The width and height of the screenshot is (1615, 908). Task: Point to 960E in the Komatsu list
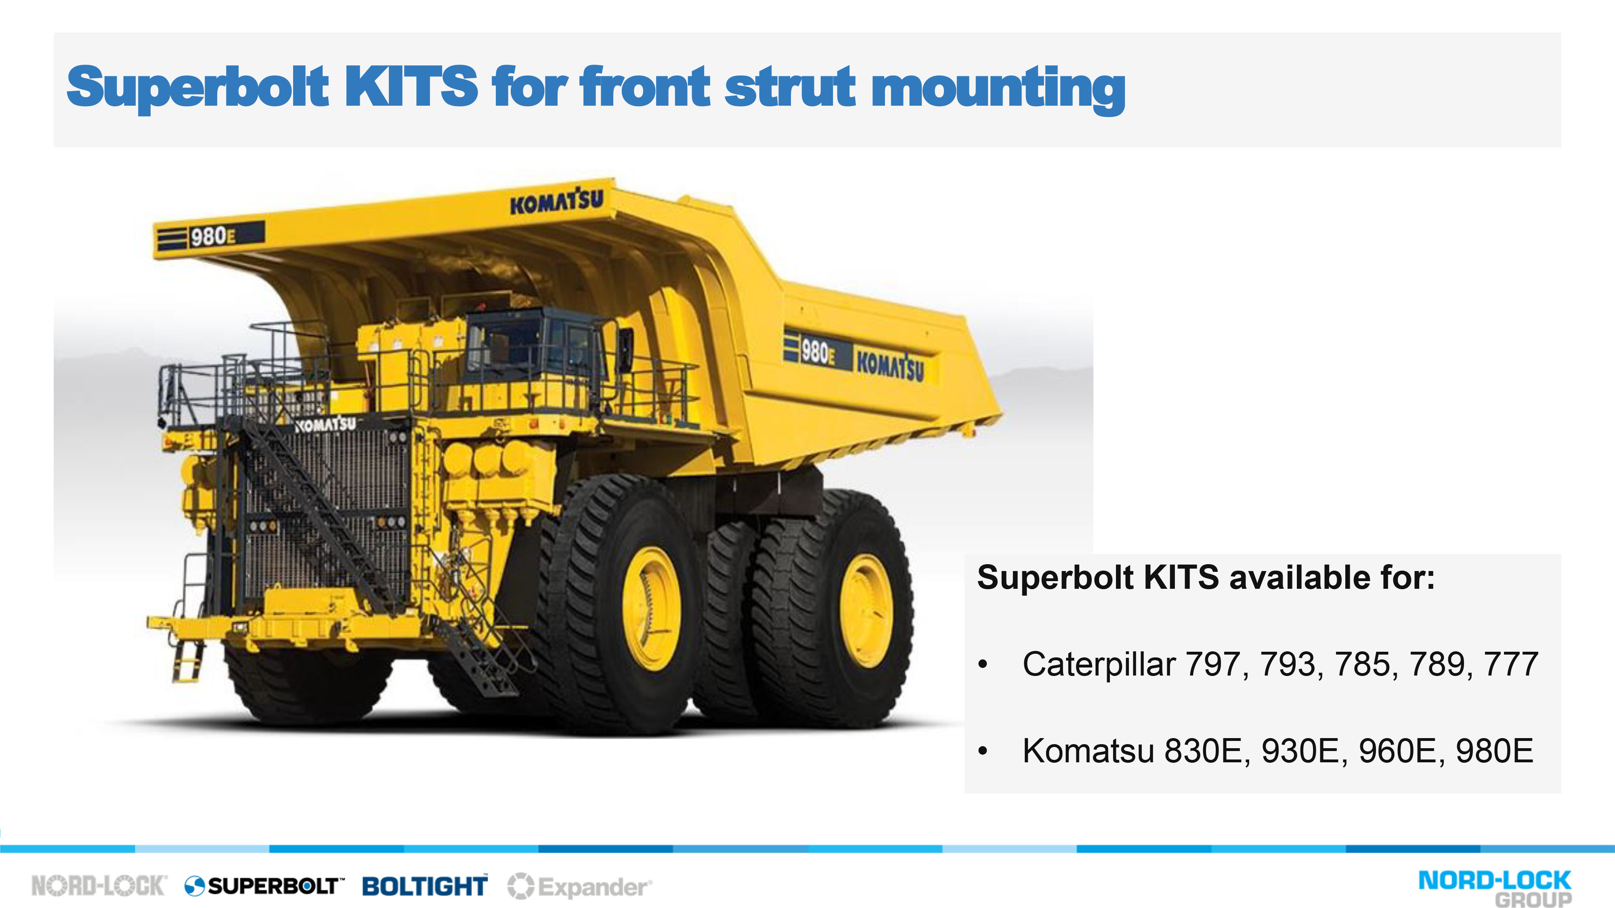1397,751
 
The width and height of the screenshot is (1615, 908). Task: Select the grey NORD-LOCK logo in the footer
99,886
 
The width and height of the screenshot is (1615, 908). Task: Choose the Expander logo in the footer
580,887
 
